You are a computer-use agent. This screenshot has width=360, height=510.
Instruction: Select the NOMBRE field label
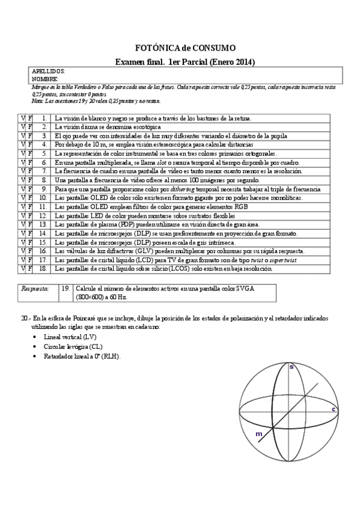[x=45, y=79]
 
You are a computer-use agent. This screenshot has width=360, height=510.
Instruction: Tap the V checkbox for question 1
[x=22, y=118]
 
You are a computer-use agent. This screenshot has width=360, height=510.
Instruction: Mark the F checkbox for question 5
[x=29, y=153]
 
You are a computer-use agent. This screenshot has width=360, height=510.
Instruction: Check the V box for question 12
[x=22, y=215]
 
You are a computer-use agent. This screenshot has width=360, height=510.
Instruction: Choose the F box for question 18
[x=29, y=269]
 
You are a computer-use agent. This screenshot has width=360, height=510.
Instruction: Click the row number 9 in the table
[x=44, y=189]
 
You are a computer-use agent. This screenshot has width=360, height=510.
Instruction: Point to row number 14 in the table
[x=43, y=233]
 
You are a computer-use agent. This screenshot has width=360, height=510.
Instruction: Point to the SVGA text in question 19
[x=245, y=289]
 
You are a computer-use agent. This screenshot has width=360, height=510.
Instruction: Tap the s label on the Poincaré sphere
[x=291, y=366]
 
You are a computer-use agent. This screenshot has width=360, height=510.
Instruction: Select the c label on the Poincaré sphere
[x=334, y=409]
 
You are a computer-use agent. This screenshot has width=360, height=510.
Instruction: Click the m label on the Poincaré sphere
[x=258, y=434]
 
